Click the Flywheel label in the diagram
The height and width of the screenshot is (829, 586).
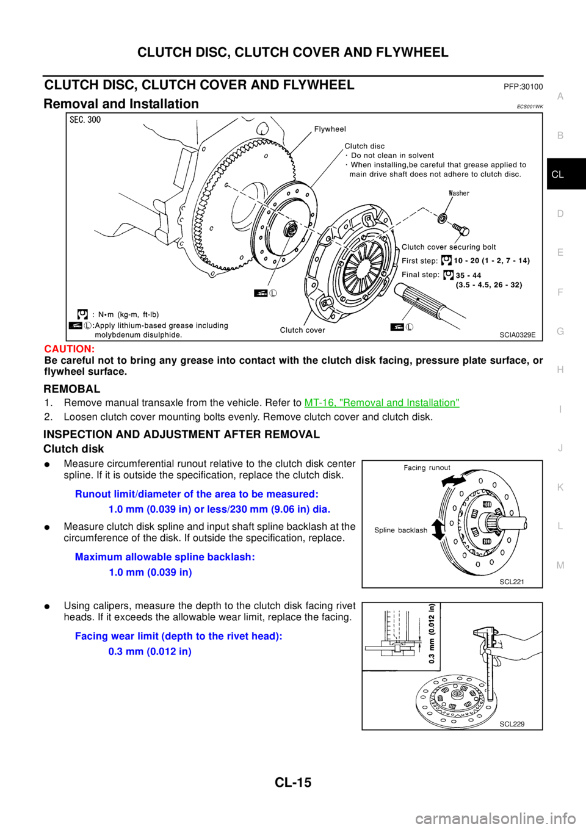pyautogui.click(x=330, y=129)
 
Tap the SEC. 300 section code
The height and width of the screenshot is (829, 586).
pyautogui.click(x=85, y=120)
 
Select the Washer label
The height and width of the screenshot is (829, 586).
pyautogui.click(x=459, y=194)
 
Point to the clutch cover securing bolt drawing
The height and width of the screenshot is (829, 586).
pyautogui.click(x=460, y=229)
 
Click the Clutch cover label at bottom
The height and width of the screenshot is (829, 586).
pyautogui.click(x=302, y=330)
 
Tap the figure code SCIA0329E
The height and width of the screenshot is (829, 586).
pyautogui.click(x=517, y=335)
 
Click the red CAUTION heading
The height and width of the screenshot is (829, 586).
pyautogui.click(x=69, y=349)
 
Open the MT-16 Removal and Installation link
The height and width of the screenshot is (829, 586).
pyautogui.click(x=382, y=402)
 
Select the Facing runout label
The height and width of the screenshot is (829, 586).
pyautogui.click(x=427, y=468)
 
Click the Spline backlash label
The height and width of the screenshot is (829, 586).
pyautogui.click(x=400, y=530)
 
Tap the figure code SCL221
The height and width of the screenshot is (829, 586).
pyautogui.click(x=512, y=582)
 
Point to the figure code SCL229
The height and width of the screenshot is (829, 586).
pyautogui.click(x=512, y=724)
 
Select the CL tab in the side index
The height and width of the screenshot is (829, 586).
pyautogui.click(x=557, y=175)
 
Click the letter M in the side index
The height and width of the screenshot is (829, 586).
pyautogui.click(x=560, y=565)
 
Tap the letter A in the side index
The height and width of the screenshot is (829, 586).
pyautogui.click(x=560, y=96)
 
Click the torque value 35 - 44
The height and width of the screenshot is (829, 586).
pyautogui.click(x=468, y=275)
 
